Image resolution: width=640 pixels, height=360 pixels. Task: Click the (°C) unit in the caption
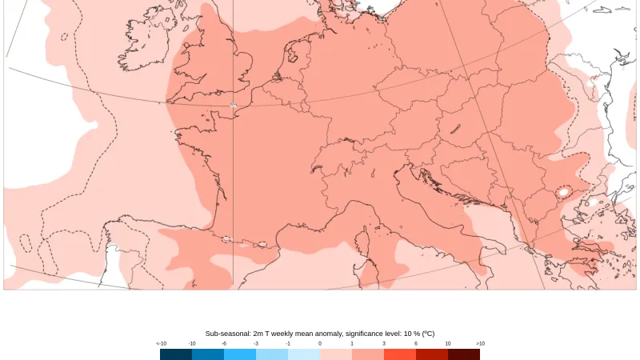tap(428, 334)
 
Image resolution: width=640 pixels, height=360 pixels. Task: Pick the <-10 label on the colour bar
tap(161, 343)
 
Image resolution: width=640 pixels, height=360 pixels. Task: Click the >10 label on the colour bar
tap(480, 343)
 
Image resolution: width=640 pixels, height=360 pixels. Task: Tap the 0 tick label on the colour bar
tap(320, 343)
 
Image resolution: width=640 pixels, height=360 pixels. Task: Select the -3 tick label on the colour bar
tap(256, 343)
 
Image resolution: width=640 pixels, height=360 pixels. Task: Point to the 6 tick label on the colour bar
tap(416, 343)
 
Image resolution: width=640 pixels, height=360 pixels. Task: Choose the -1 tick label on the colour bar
tap(288, 343)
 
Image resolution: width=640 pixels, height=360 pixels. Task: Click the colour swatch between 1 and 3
tap(368, 354)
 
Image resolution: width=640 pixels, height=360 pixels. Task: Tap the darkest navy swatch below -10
tap(176, 354)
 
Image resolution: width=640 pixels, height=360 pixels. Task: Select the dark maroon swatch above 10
tap(464, 354)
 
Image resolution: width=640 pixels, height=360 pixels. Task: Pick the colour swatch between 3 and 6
tap(400, 354)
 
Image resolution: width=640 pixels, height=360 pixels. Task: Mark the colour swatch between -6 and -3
tap(240, 354)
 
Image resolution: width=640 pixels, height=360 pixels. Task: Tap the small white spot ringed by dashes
tap(564, 192)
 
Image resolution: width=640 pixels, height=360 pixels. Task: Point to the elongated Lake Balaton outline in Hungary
tap(455, 128)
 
